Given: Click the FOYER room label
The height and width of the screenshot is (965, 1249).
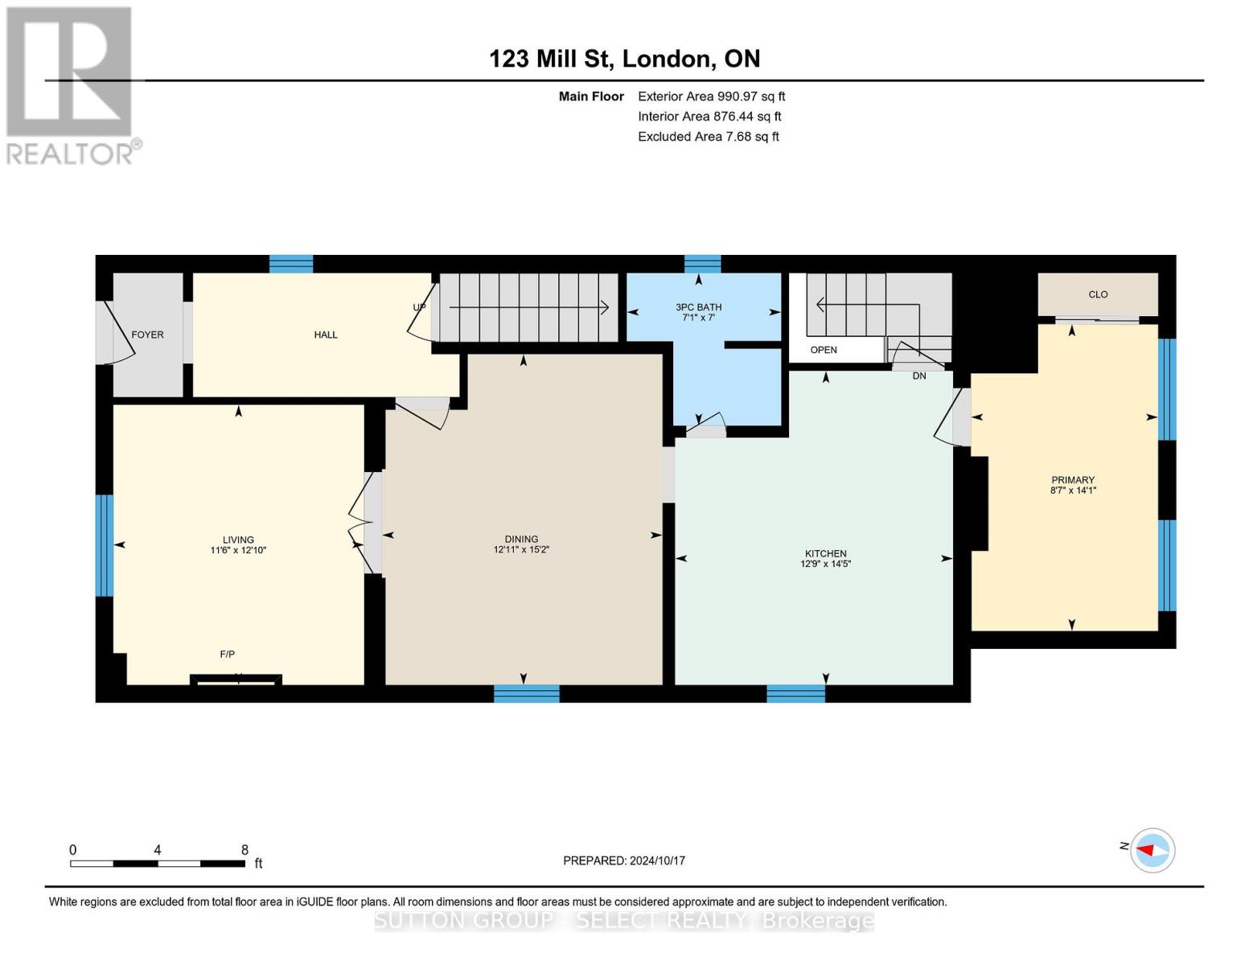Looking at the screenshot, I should click(x=147, y=335).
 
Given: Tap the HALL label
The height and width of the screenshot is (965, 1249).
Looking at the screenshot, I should click(x=325, y=335).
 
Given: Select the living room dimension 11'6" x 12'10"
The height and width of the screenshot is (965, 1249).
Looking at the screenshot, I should click(x=238, y=551).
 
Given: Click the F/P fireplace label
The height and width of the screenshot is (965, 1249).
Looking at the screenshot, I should click(x=228, y=655).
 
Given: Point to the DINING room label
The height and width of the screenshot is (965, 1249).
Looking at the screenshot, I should click(x=521, y=539).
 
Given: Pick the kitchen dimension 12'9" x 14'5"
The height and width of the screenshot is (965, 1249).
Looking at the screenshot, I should click(x=826, y=565).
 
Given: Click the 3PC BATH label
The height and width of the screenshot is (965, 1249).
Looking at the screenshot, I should click(x=698, y=307).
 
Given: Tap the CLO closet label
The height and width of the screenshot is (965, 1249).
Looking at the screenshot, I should click(x=1098, y=294).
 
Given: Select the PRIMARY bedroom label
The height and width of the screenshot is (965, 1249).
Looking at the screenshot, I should click(x=1073, y=480).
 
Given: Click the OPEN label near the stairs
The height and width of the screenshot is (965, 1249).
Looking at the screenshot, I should click(x=824, y=350).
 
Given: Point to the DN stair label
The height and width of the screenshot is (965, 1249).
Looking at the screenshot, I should click(x=919, y=376).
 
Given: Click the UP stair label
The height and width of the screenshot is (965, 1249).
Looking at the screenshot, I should click(x=419, y=307).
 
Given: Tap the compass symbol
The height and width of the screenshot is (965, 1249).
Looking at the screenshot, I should click(x=1152, y=850).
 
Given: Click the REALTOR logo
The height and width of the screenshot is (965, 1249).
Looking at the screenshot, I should click(x=71, y=84).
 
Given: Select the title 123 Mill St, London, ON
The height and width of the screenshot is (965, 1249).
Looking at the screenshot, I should click(x=624, y=59).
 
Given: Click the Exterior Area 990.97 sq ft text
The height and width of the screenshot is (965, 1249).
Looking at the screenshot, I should click(x=711, y=96).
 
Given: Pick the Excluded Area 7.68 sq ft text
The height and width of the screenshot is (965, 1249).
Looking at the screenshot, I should click(x=708, y=137).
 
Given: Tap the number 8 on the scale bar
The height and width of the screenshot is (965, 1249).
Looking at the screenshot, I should click(x=244, y=850).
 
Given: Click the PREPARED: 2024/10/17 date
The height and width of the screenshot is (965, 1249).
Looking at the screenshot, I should click(x=624, y=860).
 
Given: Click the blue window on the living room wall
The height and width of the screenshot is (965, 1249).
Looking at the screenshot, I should click(x=104, y=545).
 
